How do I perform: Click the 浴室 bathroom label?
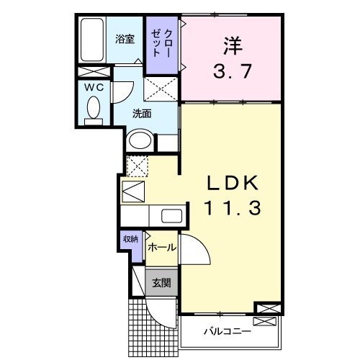pos(125,40)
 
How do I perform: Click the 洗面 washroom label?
pos(142,113)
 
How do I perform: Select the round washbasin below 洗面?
pos(140,140)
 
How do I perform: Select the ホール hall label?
pos(161,248)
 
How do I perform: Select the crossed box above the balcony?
pos(266,310)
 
